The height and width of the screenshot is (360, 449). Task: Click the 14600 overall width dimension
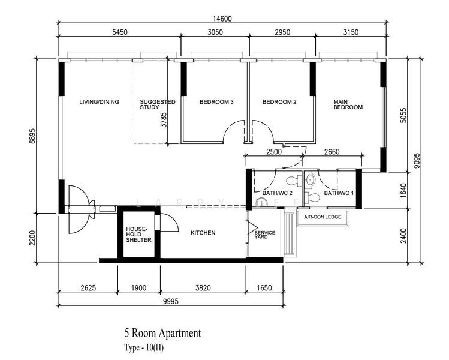pyautogui.click(x=222, y=19)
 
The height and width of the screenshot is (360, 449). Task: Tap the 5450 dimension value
pyautogui.click(x=120, y=32)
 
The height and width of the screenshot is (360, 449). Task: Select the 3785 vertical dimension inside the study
pyautogui.click(x=163, y=120)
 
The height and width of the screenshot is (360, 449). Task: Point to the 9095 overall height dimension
pyautogui.click(x=417, y=161)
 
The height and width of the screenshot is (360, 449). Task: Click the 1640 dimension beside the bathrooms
pyautogui.click(x=403, y=191)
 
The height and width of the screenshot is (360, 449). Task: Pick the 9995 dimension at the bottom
pyautogui.click(x=171, y=301)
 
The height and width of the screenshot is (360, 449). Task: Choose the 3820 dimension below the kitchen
pyautogui.click(x=203, y=287)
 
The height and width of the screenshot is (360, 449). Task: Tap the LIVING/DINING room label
pyautogui.click(x=99, y=102)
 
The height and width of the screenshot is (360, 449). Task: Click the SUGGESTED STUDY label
pyautogui.click(x=158, y=104)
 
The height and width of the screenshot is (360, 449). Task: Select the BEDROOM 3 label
pyautogui.click(x=216, y=102)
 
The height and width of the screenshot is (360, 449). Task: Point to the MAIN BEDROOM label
pyautogui.click(x=348, y=104)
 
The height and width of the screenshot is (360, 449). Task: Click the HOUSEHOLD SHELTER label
pyautogui.click(x=138, y=235)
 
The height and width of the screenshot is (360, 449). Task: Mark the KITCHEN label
pyautogui.click(x=203, y=233)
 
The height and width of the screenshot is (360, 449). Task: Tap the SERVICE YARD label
pyautogui.click(x=264, y=235)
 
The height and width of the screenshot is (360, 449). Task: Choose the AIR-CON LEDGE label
pyautogui.click(x=323, y=217)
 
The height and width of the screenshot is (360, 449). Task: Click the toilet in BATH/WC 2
pyautogui.click(x=294, y=181)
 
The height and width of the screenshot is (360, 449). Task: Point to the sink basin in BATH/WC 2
pyautogui.click(x=261, y=202)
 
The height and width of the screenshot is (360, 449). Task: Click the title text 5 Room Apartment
pyautogui.click(x=162, y=333)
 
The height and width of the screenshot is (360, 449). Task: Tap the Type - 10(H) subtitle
pyautogui.click(x=144, y=347)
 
